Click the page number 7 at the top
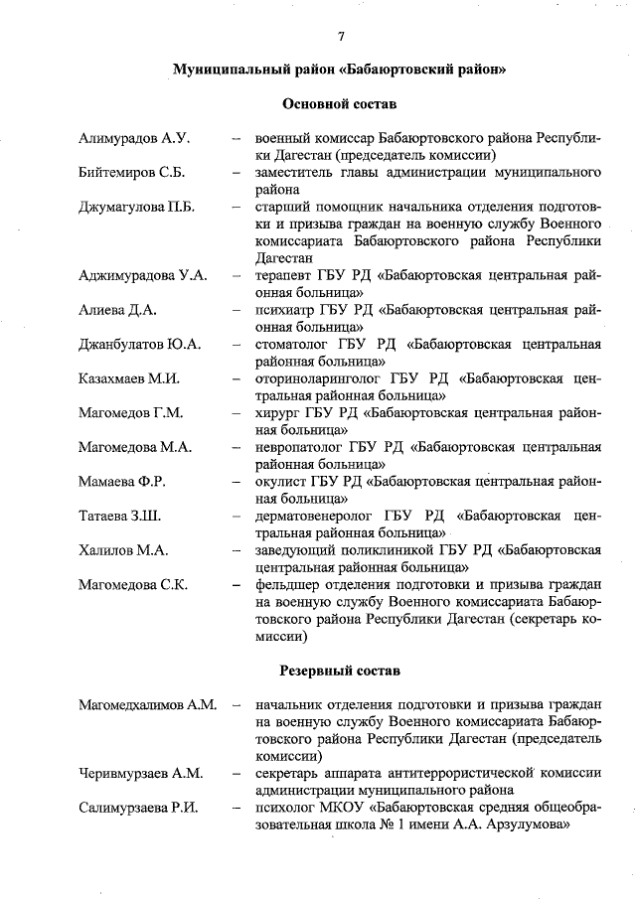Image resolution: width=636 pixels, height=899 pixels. click(340, 37)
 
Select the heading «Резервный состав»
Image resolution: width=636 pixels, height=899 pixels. click(340, 672)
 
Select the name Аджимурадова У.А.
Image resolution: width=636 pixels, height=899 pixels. click(143, 275)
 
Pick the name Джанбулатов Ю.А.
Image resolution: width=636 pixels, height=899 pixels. click(140, 345)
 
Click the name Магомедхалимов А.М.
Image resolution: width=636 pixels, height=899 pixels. click(148, 705)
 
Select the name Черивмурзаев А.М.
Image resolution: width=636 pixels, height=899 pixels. click(141, 773)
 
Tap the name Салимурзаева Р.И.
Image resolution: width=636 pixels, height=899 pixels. click(139, 807)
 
